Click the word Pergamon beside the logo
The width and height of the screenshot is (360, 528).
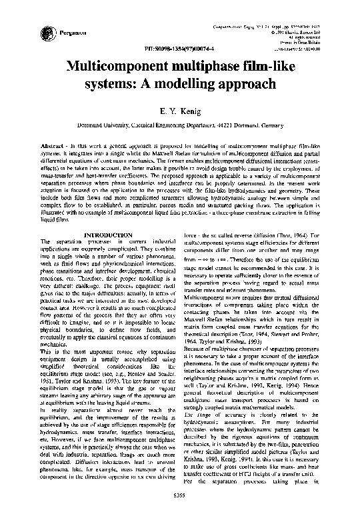70,32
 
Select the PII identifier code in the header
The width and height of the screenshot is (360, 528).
174,49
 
